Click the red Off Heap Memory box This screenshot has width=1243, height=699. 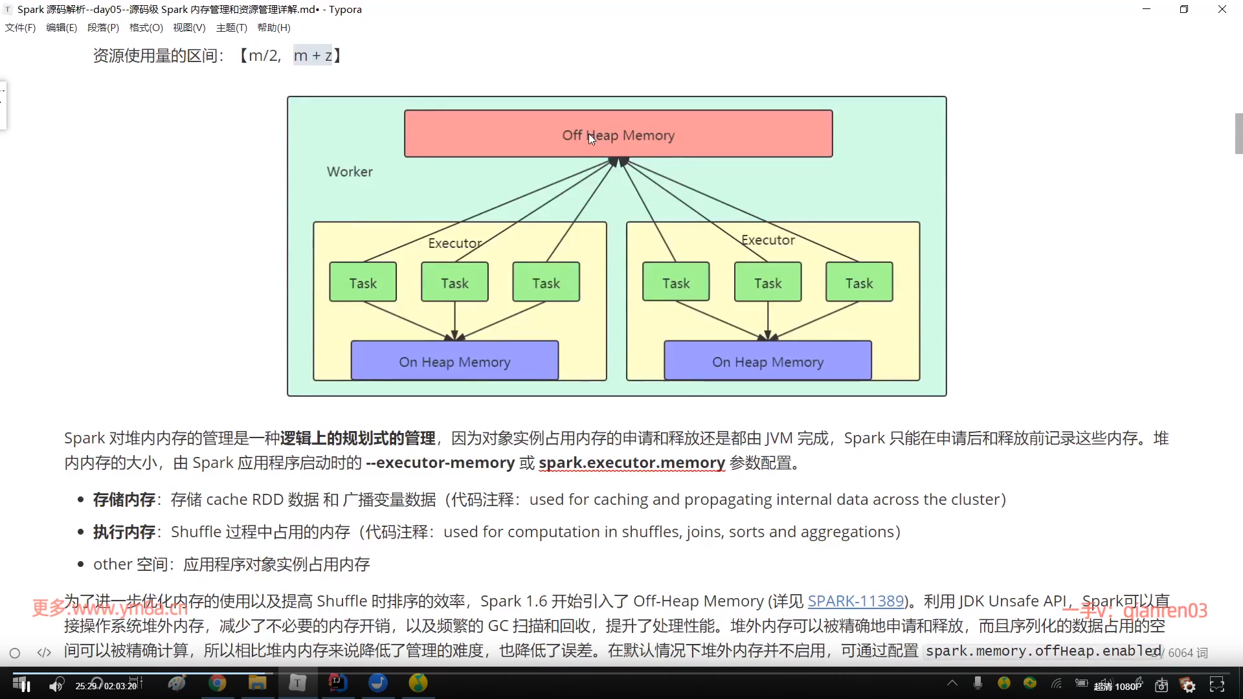[x=618, y=134]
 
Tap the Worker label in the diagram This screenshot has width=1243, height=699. [x=350, y=172]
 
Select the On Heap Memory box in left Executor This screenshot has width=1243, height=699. [x=454, y=361]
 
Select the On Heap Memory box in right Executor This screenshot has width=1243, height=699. [x=768, y=361]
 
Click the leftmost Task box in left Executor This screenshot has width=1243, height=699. [x=363, y=282]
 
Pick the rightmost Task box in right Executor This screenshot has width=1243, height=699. [x=859, y=282]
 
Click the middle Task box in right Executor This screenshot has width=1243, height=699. [x=768, y=282]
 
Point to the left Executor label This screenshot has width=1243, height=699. [x=454, y=243]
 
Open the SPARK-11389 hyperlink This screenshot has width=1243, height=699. [x=856, y=601]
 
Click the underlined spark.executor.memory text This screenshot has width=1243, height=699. [x=631, y=463]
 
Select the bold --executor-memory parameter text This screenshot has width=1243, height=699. [x=440, y=463]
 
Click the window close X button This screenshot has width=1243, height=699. [x=1222, y=9]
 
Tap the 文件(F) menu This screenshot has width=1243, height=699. [x=20, y=28]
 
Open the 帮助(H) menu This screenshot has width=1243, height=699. [x=274, y=28]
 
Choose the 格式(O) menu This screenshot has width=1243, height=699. [x=146, y=28]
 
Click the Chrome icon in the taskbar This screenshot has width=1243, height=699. [x=218, y=683]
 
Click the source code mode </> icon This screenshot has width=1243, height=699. [x=44, y=652]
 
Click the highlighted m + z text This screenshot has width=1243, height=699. [x=313, y=56]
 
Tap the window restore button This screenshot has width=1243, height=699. [x=1183, y=9]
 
